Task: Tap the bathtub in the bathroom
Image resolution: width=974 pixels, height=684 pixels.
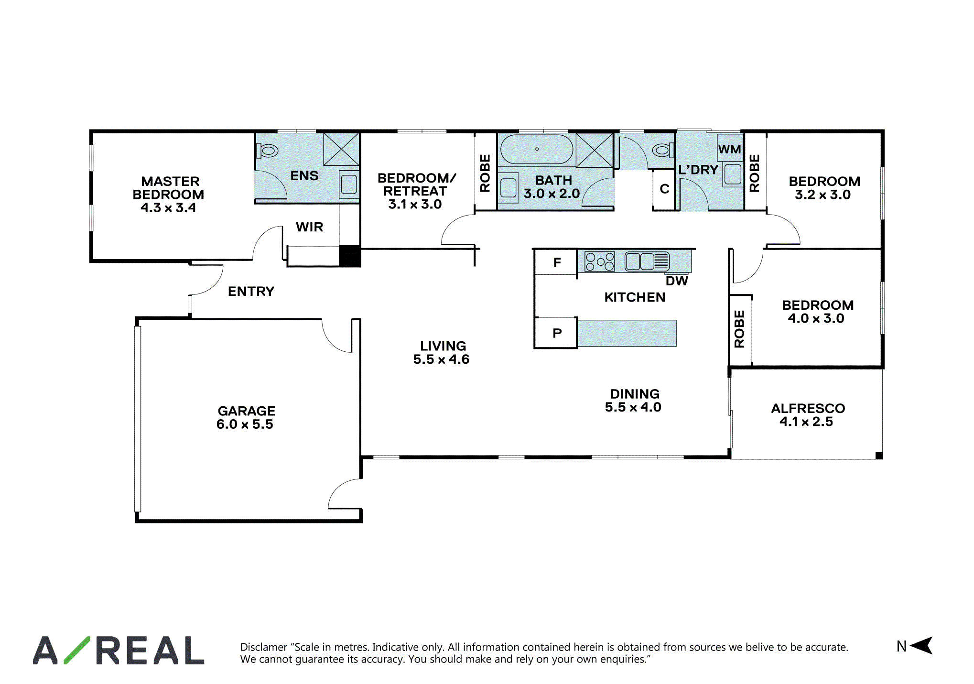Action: point(536,149)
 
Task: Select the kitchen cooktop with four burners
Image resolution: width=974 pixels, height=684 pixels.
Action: point(599,261)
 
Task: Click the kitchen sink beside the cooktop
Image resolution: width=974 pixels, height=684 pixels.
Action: point(647,261)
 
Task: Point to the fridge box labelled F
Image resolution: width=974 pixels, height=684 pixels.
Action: point(556,262)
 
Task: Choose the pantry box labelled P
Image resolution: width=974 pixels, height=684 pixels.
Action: point(556,333)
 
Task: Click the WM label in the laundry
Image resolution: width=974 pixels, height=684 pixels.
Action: point(729,150)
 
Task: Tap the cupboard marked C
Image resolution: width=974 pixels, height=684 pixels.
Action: point(664,189)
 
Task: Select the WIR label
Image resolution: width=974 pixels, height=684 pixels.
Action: point(309,227)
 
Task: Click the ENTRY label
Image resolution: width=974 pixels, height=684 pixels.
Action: point(251,292)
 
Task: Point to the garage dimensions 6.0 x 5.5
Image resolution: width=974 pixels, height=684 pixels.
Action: point(245,424)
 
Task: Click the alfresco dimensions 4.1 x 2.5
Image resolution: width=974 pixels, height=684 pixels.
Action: point(806,422)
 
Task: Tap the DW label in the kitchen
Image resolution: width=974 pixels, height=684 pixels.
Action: point(677,281)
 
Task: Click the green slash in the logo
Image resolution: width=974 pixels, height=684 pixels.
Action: point(76,650)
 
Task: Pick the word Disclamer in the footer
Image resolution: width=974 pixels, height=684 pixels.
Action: point(264,647)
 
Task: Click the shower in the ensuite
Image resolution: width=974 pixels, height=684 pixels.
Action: point(341,150)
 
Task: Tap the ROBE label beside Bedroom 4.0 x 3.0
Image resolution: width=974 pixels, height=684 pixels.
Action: point(739,329)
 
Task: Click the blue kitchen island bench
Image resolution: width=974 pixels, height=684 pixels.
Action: point(627,333)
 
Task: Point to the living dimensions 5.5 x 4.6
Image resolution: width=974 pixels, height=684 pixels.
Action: point(441,359)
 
